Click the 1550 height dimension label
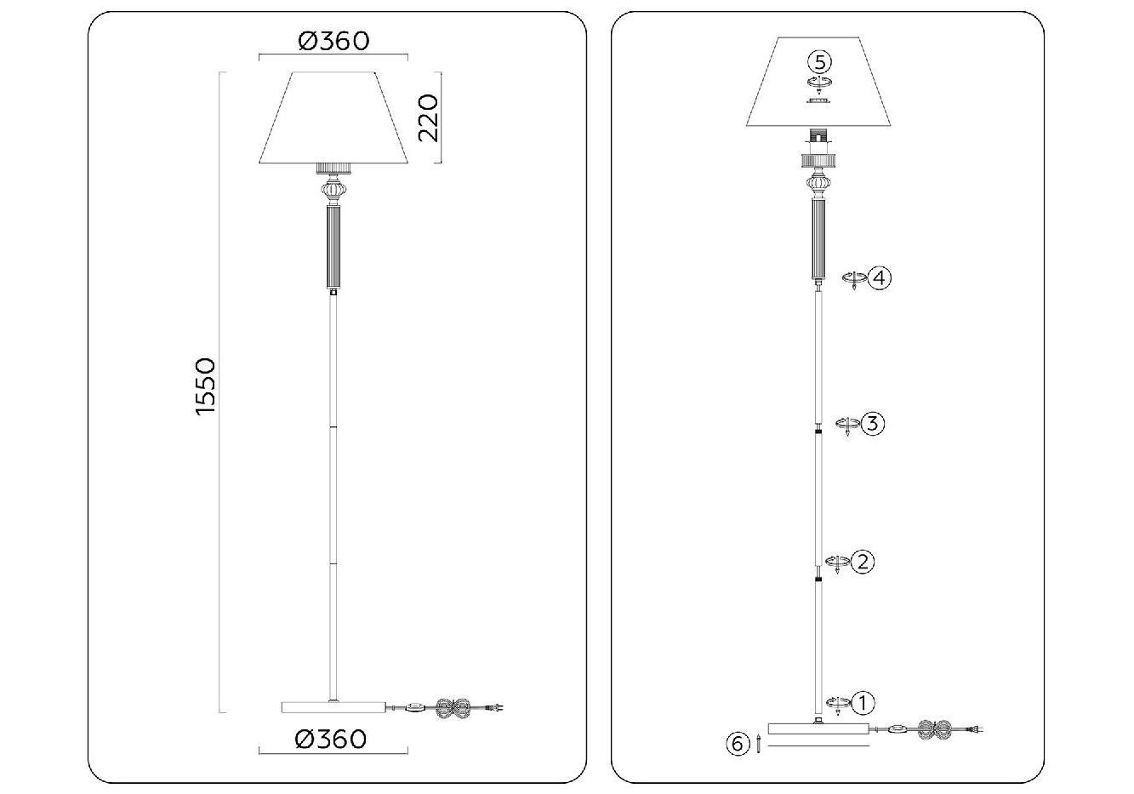(x=206, y=387)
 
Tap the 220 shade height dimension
(x=428, y=117)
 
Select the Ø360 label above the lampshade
(x=333, y=41)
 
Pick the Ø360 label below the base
(x=330, y=740)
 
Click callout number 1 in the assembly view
(x=863, y=702)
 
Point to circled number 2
(x=863, y=562)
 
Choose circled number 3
(x=873, y=423)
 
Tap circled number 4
(x=880, y=278)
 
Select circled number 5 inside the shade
(x=819, y=62)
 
